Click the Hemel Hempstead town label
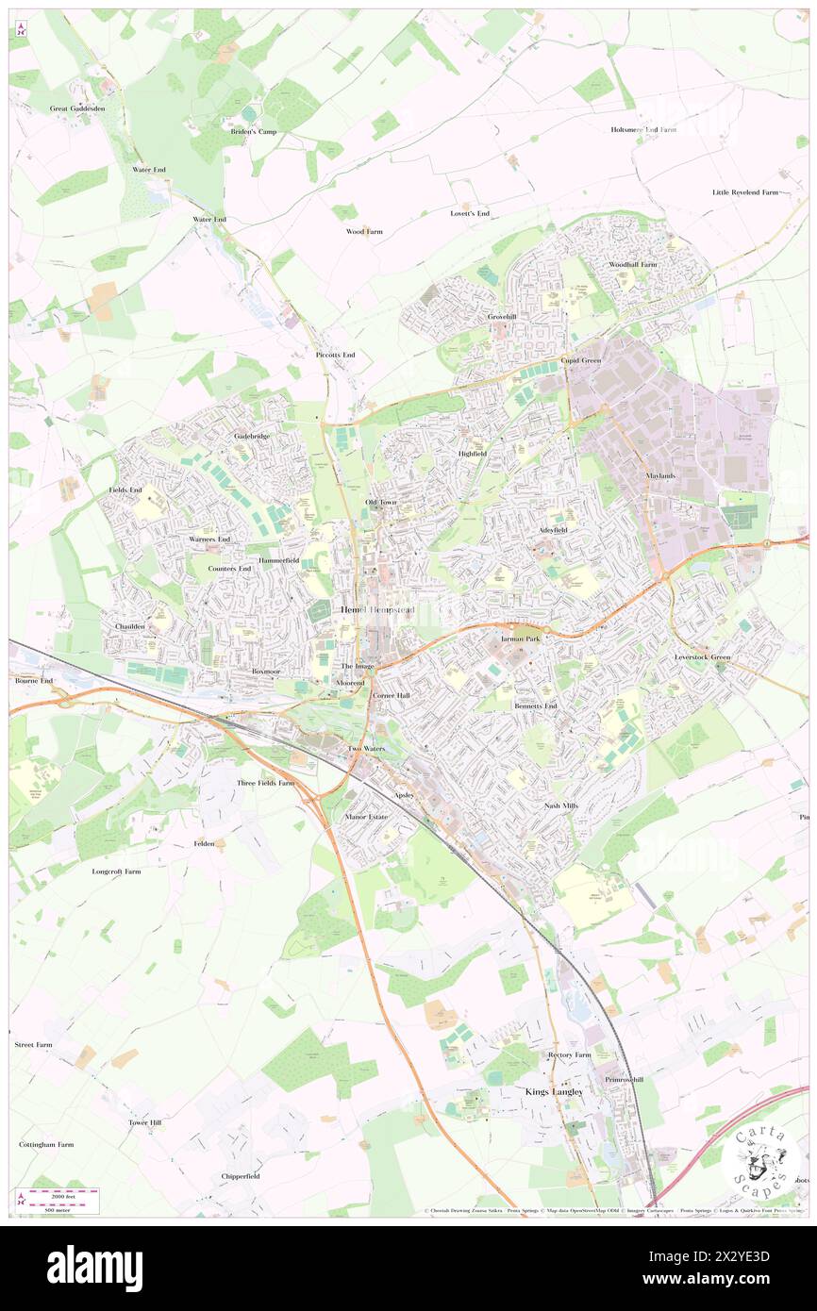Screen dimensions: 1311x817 tap(377, 610)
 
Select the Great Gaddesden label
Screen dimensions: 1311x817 tap(77, 108)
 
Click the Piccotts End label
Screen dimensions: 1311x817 tap(335, 355)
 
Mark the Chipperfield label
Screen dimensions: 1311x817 tap(241, 1176)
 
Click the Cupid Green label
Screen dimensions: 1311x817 tap(581, 360)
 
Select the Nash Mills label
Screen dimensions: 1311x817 tap(560, 805)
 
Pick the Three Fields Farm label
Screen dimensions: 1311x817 tap(265, 783)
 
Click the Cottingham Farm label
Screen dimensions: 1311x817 tap(46, 1144)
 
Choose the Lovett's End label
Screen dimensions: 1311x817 tap(469, 214)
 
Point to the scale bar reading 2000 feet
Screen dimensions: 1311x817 tap(61, 1198)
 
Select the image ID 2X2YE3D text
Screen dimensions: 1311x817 tap(739, 1257)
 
